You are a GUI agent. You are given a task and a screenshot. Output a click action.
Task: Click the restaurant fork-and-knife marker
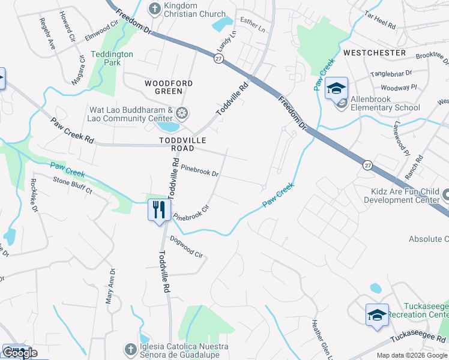point(159,211)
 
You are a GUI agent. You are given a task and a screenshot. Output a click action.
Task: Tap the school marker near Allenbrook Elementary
point(337,90)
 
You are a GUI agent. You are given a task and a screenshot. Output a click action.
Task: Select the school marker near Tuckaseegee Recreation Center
point(377,316)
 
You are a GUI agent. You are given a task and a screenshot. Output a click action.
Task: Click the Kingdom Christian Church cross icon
point(154,8)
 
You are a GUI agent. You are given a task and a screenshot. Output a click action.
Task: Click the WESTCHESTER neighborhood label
point(375,53)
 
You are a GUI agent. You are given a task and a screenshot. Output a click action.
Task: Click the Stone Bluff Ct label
point(72,185)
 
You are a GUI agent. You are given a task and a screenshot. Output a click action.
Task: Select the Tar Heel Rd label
point(380,22)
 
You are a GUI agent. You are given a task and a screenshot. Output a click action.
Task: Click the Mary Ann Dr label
point(110,287)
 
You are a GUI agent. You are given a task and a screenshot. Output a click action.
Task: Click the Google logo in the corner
point(20,353)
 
